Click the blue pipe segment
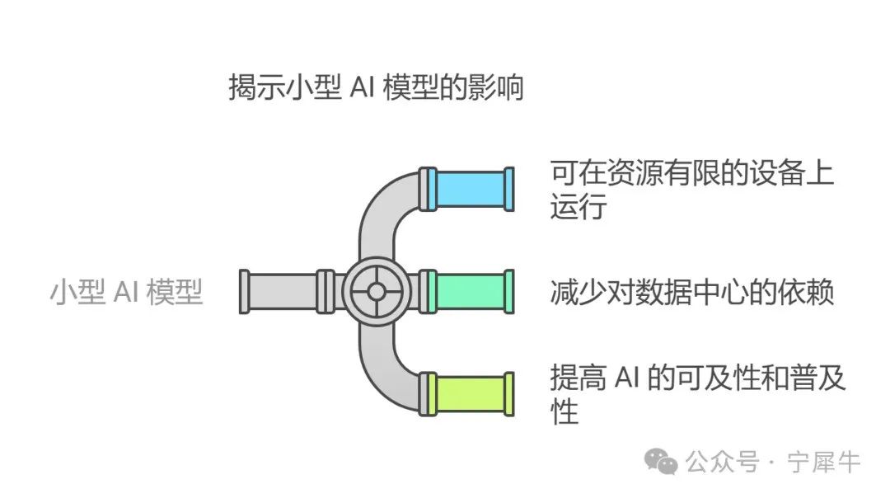point(471,189)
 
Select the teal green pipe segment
point(471,291)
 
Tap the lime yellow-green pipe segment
point(471,394)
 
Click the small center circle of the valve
point(376,291)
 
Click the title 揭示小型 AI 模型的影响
point(376,87)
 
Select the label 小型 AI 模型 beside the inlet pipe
point(126,293)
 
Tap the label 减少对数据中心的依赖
point(692,292)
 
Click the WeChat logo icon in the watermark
point(661,463)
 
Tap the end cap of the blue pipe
point(509,189)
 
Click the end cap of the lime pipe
point(509,394)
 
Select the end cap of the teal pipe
point(509,291)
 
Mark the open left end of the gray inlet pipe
point(245,291)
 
